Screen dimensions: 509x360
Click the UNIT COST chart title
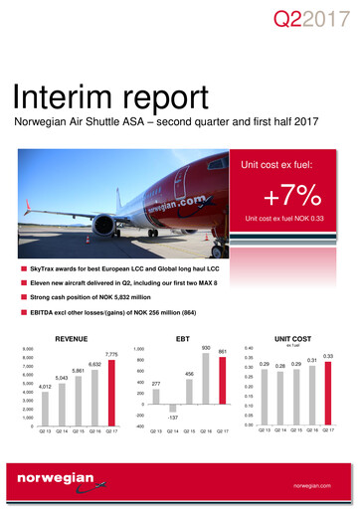pyautogui.click(x=299, y=338)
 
